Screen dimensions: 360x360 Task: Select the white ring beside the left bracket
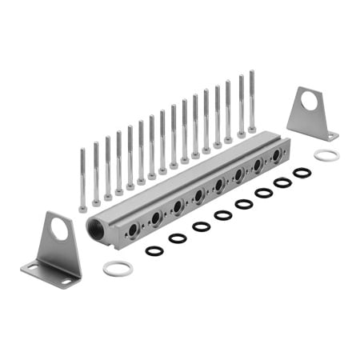(118, 268)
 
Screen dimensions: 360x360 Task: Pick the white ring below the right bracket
(326, 154)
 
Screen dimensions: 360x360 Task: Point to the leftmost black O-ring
(154, 250)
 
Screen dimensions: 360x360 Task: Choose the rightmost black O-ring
(302, 172)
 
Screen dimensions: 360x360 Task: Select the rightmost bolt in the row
(252, 100)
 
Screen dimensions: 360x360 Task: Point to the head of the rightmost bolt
(252, 127)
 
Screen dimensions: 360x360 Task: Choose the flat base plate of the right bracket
(317, 132)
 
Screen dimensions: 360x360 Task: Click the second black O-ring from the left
(178, 238)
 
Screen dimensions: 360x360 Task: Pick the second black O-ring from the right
(282, 182)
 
